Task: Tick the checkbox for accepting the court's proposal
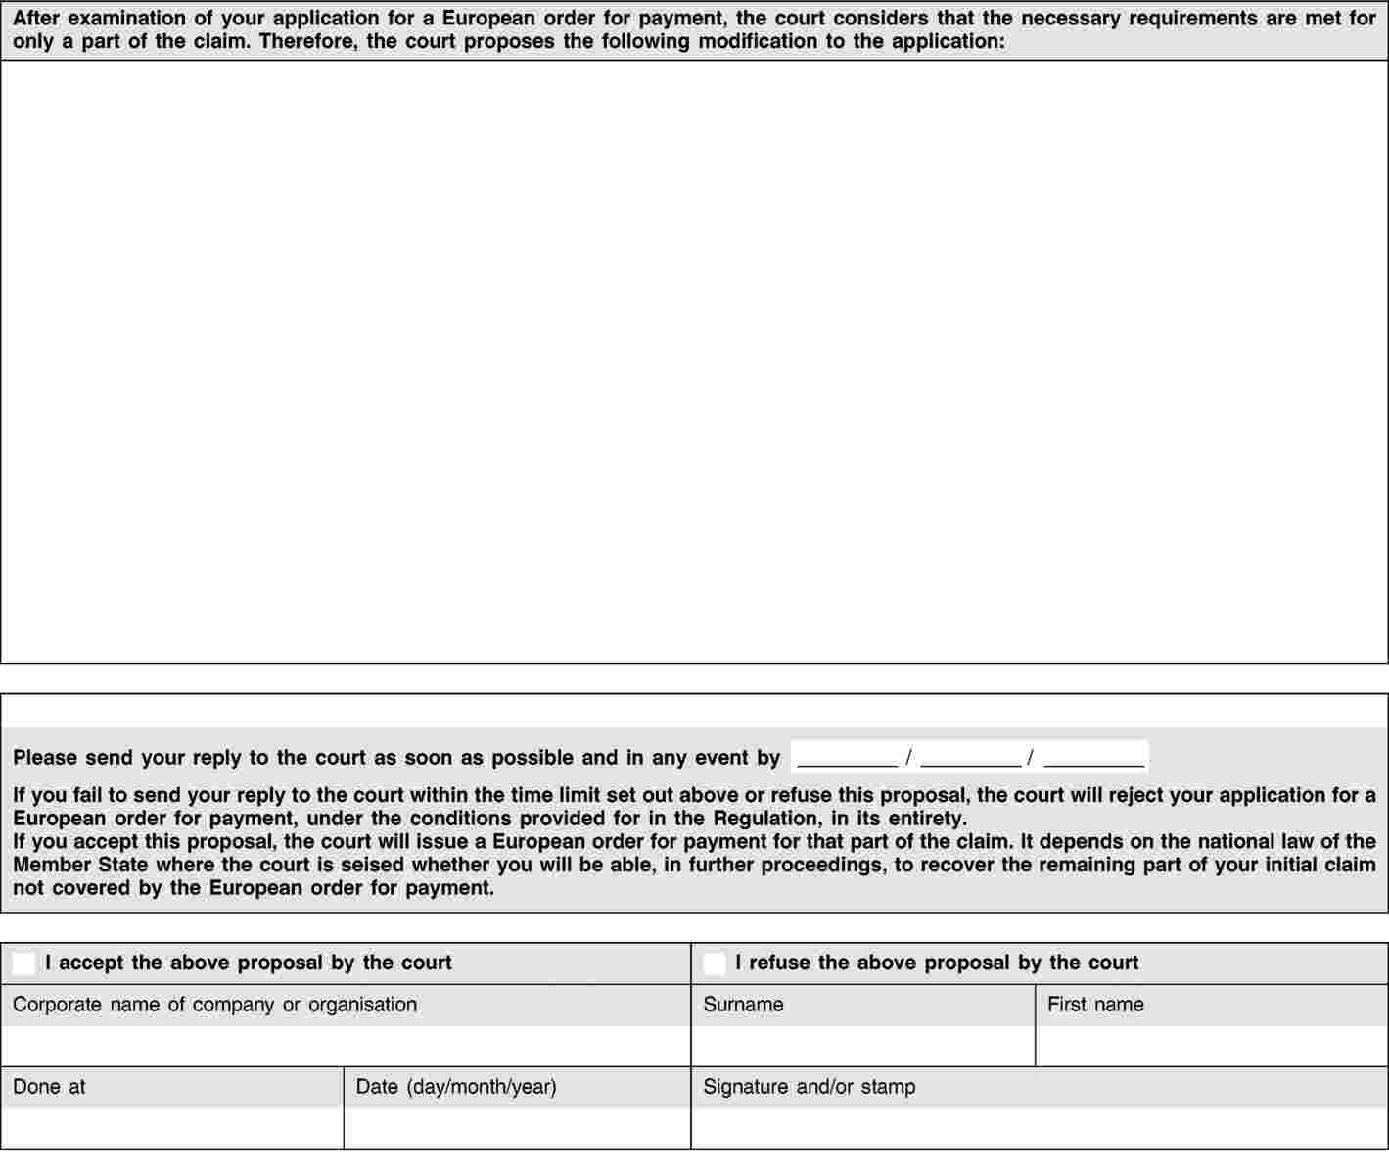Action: point(24,963)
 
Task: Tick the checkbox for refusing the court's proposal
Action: point(715,963)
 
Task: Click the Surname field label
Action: point(743,1005)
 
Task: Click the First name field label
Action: point(1095,1005)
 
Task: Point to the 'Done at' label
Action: point(49,1087)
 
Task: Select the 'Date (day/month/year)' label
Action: point(456,1087)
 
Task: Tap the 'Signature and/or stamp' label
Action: point(809,1087)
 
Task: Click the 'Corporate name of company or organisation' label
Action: point(214,1005)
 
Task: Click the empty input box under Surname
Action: point(862,1046)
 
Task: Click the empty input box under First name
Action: point(1211,1046)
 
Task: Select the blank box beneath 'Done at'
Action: point(172,1128)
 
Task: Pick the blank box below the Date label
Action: point(517,1128)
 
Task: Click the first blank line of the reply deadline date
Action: point(848,758)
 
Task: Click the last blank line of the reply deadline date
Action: point(1094,758)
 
